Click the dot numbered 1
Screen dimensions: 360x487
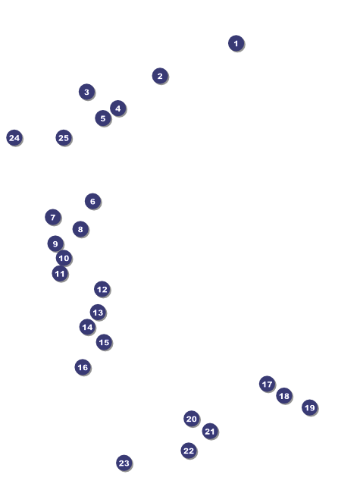[236, 43]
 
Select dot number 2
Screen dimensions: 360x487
[160, 76]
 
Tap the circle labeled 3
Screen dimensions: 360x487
[87, 92]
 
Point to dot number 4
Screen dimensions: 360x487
[118, 108]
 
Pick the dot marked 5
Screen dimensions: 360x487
[103, 118]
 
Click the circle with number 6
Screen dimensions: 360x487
[92, 201]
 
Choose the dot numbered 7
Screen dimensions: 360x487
[53, 217]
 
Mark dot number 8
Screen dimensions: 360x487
[80, 229]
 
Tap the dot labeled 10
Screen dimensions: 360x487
[64, 258]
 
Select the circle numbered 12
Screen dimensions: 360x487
[102, 290]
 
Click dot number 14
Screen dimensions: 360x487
[87, 327]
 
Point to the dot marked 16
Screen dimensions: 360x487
[83, 367]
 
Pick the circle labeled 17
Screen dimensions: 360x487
[268, 384]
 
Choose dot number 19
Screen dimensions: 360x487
[310, 407]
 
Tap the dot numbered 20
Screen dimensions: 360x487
[192, 419]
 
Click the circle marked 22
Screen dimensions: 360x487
[189, 451]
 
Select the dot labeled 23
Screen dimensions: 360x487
[124, 463]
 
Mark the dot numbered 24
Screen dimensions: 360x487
[14, 138]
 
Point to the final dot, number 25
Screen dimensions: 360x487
[64, 138]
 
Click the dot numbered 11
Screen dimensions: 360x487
[60, 274]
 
